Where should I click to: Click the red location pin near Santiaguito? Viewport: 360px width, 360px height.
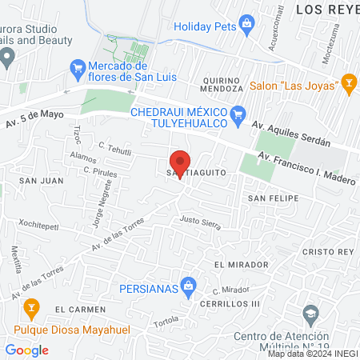[x=181, y=162]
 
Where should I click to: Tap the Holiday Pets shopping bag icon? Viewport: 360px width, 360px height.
[x=247, y=22]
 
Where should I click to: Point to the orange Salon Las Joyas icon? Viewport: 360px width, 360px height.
[x=349, y=82]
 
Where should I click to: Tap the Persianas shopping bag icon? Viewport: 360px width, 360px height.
[x=189, y=285]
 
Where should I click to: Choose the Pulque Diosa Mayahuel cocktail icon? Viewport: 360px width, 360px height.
[x=31, y=306]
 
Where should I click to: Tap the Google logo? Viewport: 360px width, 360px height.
[x=26, y=350]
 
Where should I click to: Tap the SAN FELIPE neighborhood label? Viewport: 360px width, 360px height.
[x=273, y=198]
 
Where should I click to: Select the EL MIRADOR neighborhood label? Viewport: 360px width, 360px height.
[x=241, y=264]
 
